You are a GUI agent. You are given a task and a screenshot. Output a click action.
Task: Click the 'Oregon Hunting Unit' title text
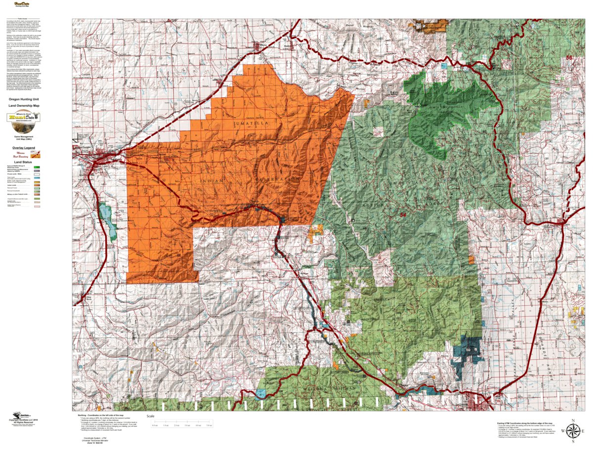(x=23, y=99)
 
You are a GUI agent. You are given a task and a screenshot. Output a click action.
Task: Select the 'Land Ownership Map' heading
(x=23, y=106)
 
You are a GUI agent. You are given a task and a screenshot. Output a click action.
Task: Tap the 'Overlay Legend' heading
(x=23, y=148)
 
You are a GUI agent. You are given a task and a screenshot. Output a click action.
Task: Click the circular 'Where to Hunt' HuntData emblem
(x=23, y=118)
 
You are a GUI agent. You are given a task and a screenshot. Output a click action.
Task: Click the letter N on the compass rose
(x=571, y=420)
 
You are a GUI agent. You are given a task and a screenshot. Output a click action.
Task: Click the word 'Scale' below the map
(x=151, y=416)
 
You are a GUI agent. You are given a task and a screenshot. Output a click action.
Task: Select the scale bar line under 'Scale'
(x=183, y=422)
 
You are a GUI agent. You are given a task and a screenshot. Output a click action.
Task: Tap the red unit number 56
(x=569, y=58)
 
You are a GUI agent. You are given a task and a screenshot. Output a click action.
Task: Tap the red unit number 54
(x=403, y=215)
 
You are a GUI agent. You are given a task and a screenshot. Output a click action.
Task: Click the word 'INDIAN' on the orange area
(x=213, y=181)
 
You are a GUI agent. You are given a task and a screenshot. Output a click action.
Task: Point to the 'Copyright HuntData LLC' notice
(x=23, y=420)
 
